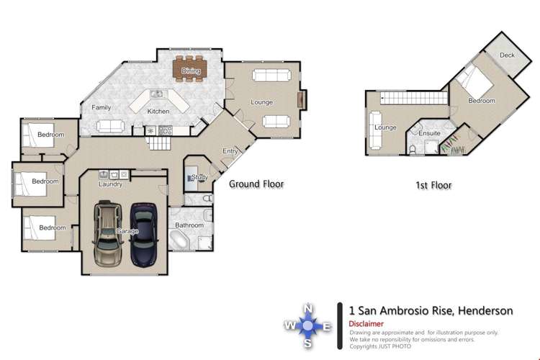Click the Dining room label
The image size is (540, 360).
[x=191, y=71]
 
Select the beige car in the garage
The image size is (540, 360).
[x=108, y=234]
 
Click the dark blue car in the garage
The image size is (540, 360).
[x=143, y=234]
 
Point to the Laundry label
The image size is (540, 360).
[x=111, y=184]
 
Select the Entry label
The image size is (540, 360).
[x=230, y=151]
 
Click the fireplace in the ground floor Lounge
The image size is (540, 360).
[x=301, y=100]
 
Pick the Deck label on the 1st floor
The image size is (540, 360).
[x=507, y=55]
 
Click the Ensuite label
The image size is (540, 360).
[x=429, y=133]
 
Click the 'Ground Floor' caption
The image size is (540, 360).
[x=256, y=184]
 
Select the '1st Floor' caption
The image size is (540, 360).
[x=433, y=185]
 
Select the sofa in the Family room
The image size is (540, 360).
[x=109, y=126]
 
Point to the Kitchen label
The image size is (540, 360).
[x=158, y=112]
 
